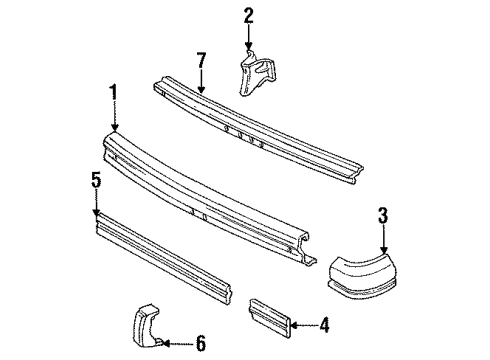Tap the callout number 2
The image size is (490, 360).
[247, 14]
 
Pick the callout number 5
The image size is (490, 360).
[95, 181]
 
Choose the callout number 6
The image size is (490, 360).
[200, 343]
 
